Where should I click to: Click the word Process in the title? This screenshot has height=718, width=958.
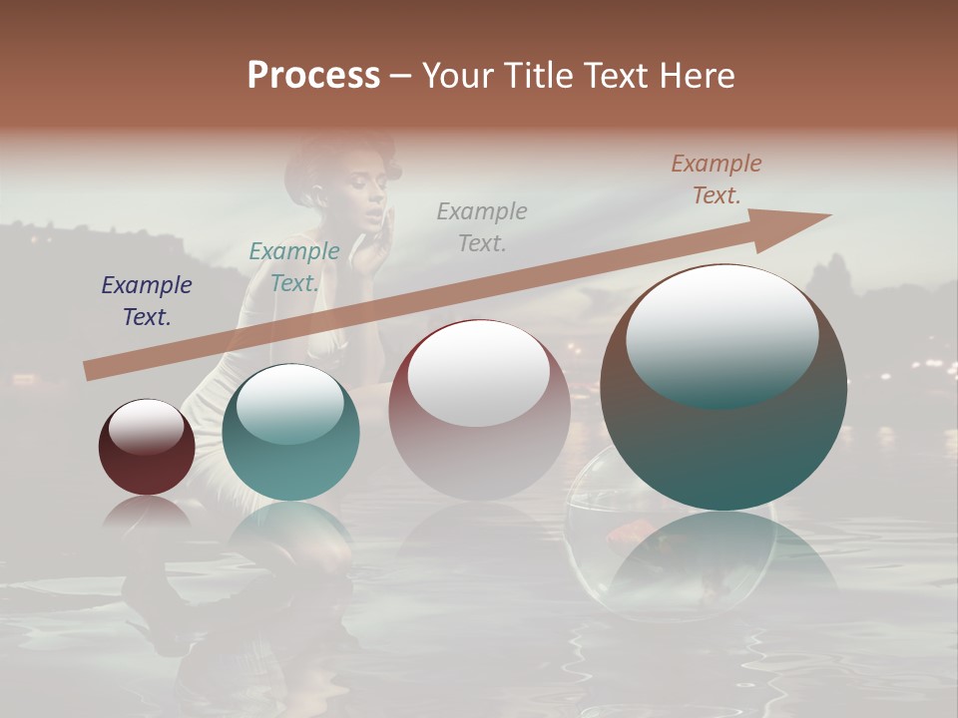click(313, 76)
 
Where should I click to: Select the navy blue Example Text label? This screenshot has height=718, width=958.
click(147, 301)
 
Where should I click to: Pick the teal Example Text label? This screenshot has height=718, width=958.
click(294, 266)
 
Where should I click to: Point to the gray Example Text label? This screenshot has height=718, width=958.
click(482, 226)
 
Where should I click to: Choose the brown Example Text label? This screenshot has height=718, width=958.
click(717, 179)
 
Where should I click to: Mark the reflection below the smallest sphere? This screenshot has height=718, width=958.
click(147, 514)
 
